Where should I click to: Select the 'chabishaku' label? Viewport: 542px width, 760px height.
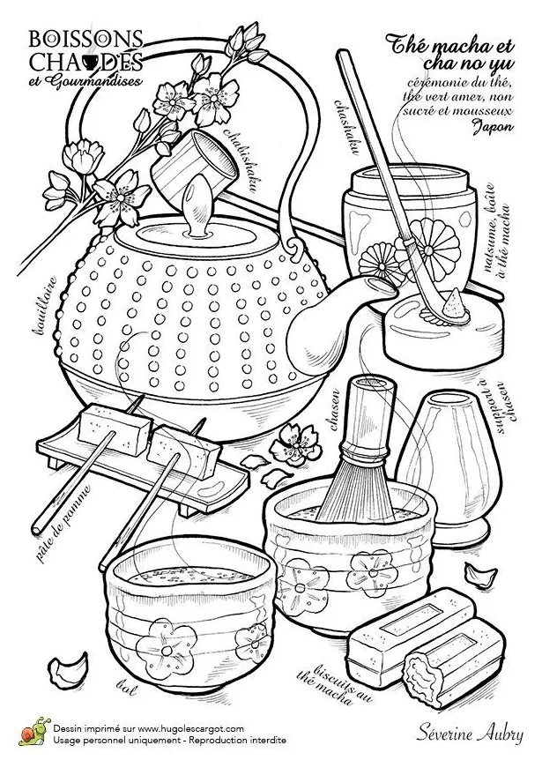[239, 159]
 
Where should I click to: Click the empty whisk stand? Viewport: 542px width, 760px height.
[443, 466]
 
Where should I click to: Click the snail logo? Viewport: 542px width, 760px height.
[33, 731]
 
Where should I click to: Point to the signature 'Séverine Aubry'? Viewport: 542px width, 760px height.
[470, 734]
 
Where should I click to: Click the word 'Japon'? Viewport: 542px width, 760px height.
[493, 126]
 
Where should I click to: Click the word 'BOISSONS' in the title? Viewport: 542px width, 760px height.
[85, 39]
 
